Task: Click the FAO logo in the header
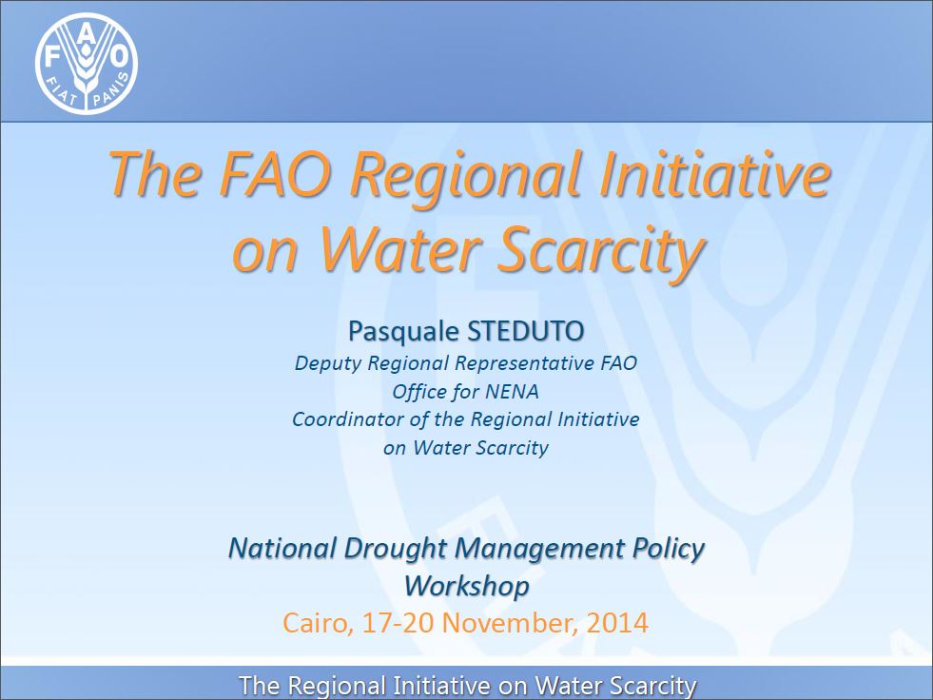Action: pyautogui.click(x=87, y=63)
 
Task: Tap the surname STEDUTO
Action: pyautogui.click(x=525, y=331)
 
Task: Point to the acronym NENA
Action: pyautogui.click(x=513, y=392)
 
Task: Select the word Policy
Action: pyautogui.click(x=669, y=549)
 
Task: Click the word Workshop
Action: pyautogui.click(x=466, y=586)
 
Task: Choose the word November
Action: pyautogui.click(x=510, y=623)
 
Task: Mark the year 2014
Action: pyautogui.click(x=617, y=623)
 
